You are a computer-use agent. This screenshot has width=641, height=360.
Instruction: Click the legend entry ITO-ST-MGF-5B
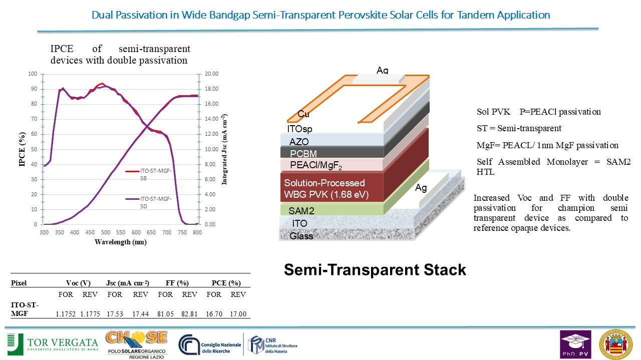click(x=149, y=174)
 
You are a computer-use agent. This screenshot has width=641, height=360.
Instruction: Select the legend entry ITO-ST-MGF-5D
click(x=149, y=202)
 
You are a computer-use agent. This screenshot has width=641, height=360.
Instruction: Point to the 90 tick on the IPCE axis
click(x=34, y=89)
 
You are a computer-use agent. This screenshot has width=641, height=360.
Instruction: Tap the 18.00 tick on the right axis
click(x=211, y=89)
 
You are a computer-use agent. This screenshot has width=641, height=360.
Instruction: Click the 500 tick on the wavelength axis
click(x=105, y=232)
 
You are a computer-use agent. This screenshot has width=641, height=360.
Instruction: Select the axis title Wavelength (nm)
click(x=121, y=242)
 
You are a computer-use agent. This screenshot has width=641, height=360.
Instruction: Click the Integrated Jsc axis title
click(x=225, y=149)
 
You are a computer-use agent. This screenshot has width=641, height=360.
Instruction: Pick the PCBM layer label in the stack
click(x=303, y=154)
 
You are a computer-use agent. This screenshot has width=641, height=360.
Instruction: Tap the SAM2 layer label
click(x=301, y=211)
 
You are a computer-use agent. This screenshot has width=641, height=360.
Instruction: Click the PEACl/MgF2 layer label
click(x=316, y=165)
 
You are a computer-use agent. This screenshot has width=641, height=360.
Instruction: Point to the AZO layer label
click(x=299, y=142)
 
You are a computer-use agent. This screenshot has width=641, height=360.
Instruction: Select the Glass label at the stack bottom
click(x=301, y=236)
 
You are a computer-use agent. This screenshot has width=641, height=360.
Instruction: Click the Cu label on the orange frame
click(x=303, y=114)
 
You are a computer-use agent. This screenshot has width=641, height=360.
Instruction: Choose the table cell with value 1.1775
click(x=90, y=314)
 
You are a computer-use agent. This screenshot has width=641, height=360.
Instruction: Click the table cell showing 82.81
click(x=189, y=314)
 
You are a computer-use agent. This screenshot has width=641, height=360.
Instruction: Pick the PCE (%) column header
click(x=226, y=283)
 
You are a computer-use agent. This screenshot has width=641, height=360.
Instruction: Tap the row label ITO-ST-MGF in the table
click(x=25, y=309)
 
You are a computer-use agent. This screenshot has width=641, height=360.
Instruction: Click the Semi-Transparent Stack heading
click(x=375, y=270)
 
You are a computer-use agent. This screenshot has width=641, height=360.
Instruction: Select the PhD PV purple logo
click(x=575, y=344)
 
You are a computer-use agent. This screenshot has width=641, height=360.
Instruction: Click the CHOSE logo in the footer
click(x=137, y=345)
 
